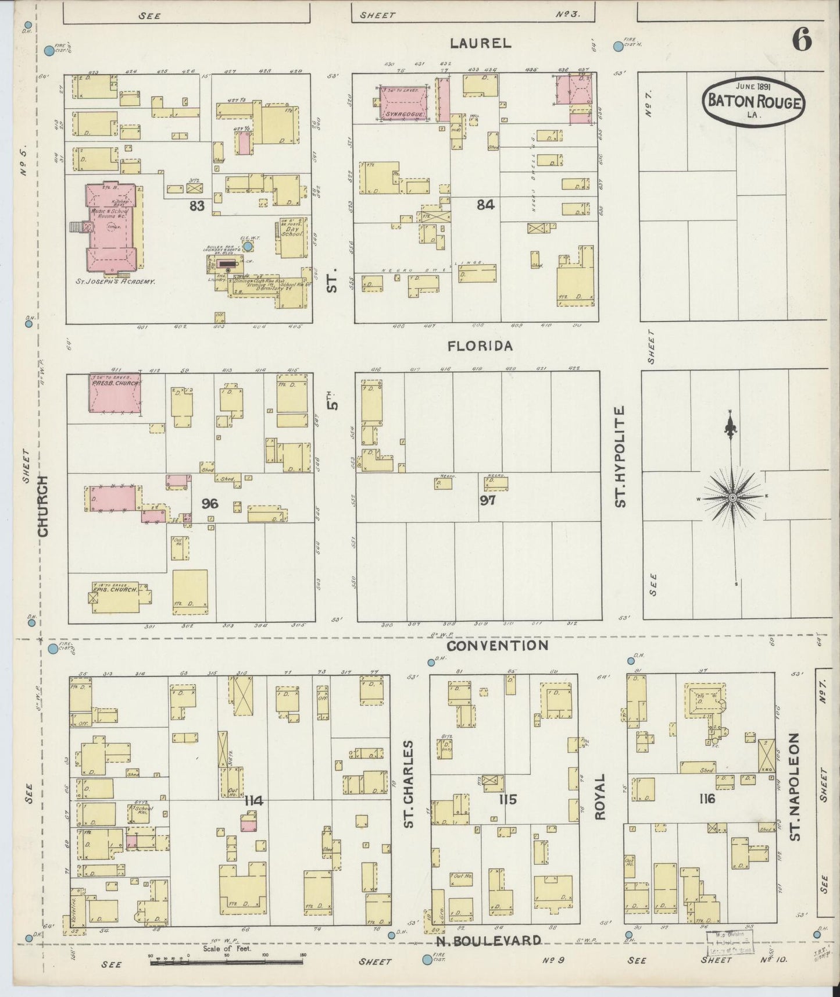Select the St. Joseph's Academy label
(124, 282)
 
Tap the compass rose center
(733, 498)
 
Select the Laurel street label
(481, 42)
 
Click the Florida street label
(480, 346)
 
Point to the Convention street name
(497, 645)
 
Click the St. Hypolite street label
(621, 456)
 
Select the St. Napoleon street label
(795, 786)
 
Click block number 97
(487, 500)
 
